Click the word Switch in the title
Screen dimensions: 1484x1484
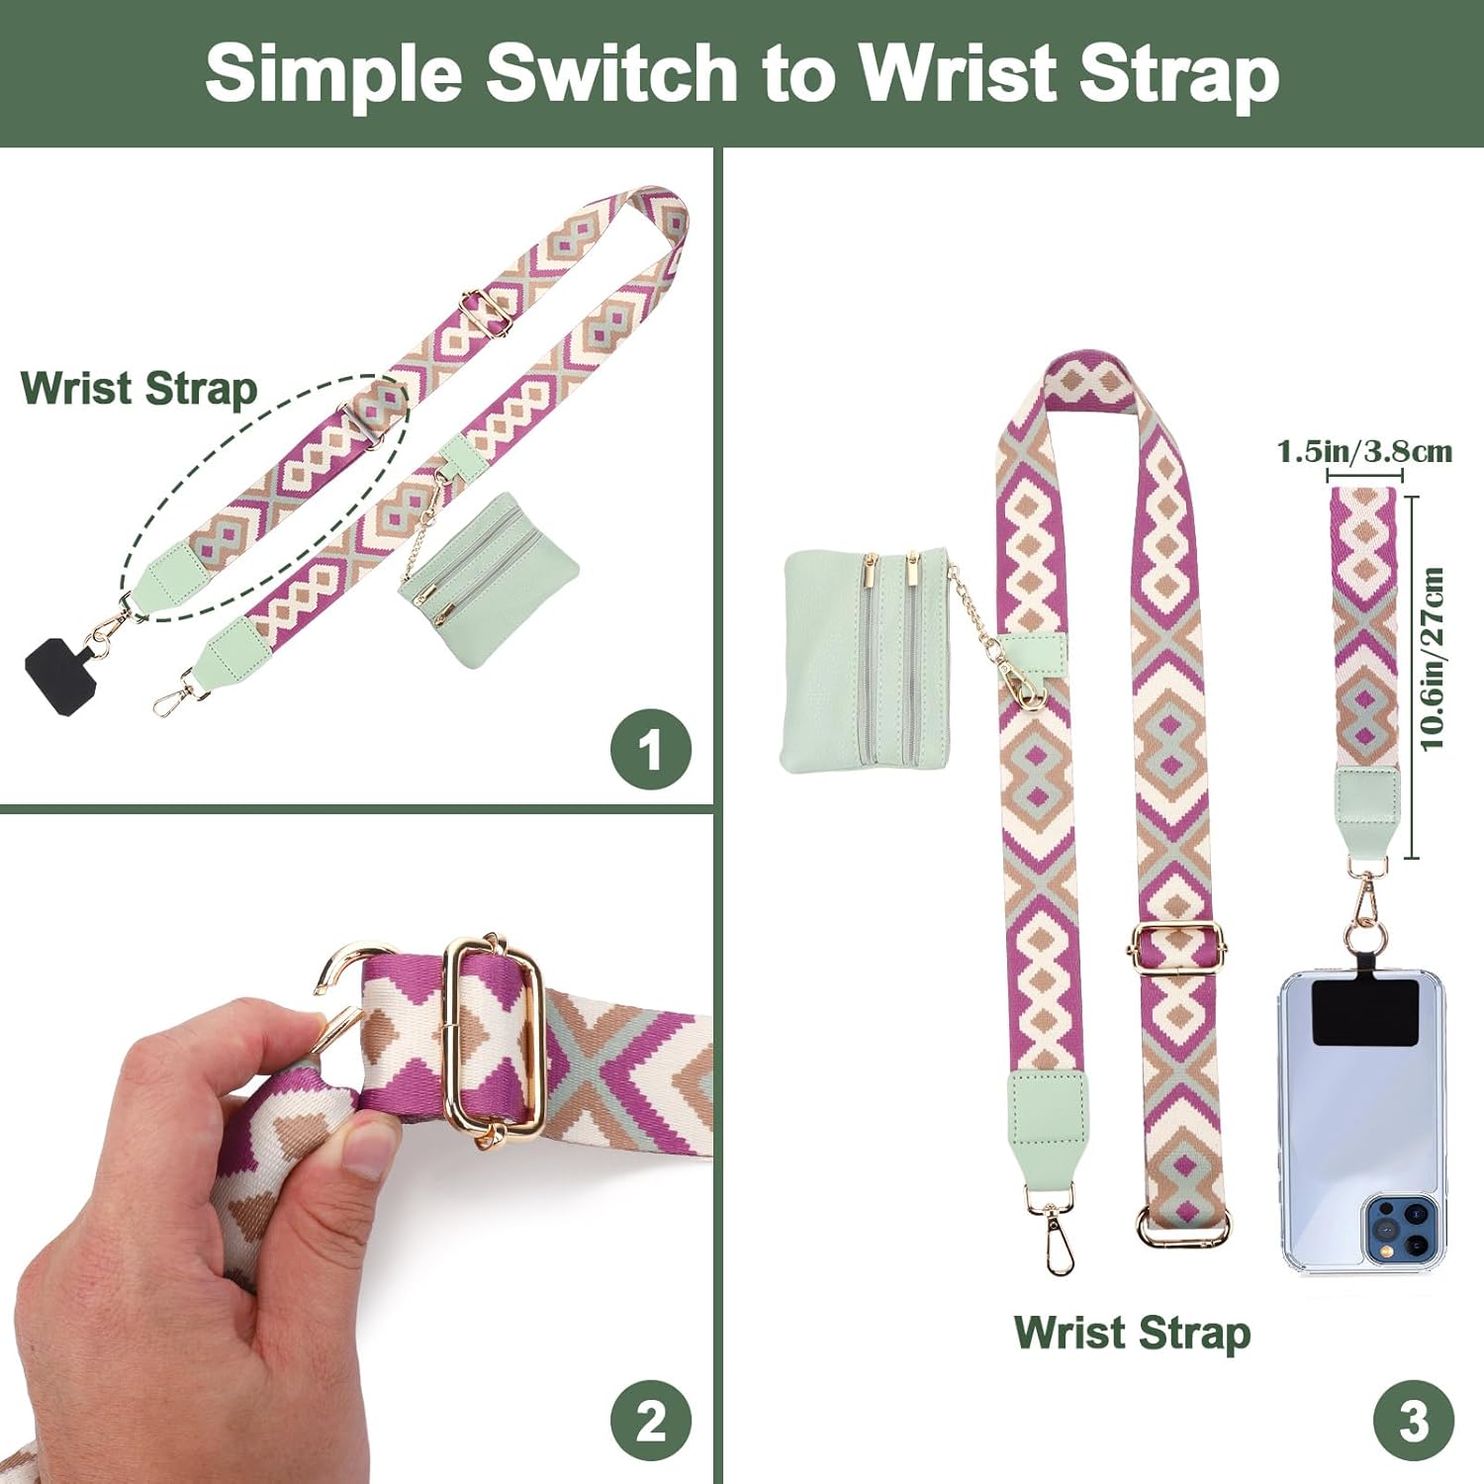[x=612, y=72]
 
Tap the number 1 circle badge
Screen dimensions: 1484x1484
[x=650, y=749]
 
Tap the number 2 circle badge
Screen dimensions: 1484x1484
[x=650, y=1422]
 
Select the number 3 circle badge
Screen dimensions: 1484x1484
[x=1413, y=1422]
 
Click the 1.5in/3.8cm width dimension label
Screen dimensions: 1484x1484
[x=1364, y=452]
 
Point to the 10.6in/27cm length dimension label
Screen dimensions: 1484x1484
[x=1432, y=659]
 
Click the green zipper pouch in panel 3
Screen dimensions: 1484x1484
[x=866, y=661]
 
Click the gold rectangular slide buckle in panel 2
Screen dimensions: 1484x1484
[x=494, y=1040]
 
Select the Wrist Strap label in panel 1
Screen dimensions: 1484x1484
[x=139, y=389]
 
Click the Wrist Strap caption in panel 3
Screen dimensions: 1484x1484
[x=1133, y=1333]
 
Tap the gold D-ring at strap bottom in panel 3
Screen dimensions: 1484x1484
[x=1183, y=1227]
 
